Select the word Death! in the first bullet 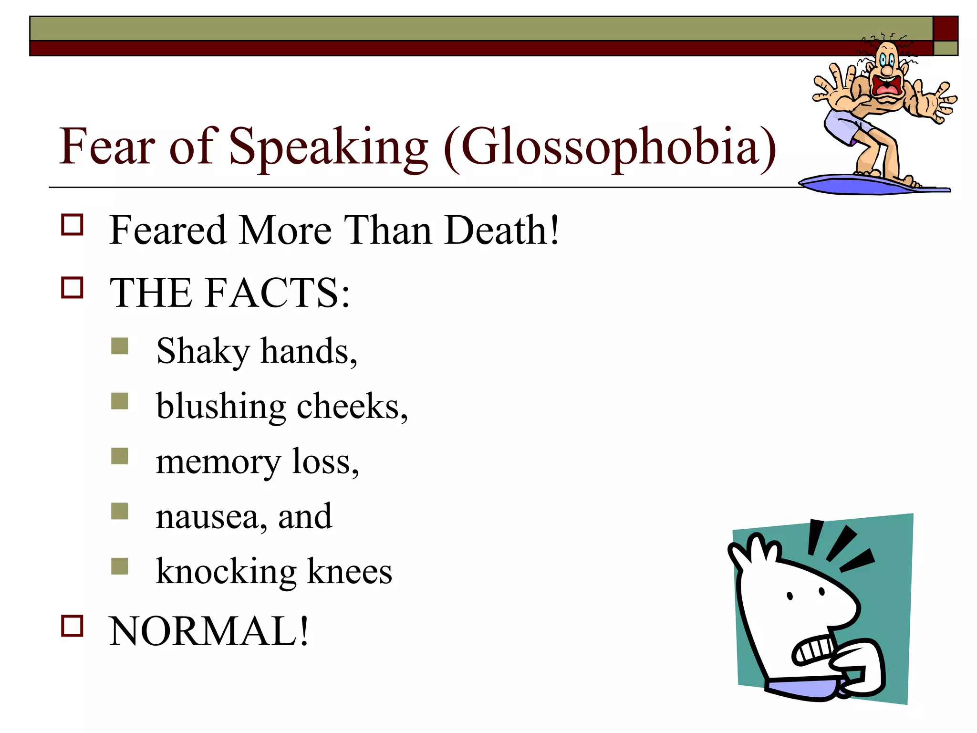[x=501, y=230]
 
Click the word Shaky [x=203, y=352]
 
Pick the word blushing [x=221, y=407]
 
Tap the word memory [x=218, y=462]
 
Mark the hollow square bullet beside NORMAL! [x=72, y=626]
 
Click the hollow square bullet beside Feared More [x=72, y=225]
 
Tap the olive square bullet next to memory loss [x=120, y=456]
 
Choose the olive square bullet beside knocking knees [x=120, y=566]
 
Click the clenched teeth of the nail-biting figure [x=815, y=650]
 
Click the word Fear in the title [x=107, y=147]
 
